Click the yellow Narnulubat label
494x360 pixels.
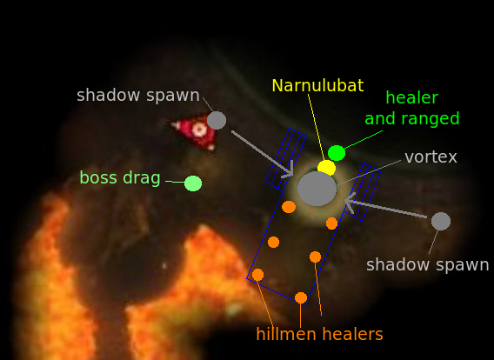pos(317,85)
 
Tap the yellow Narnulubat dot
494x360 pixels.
pos(326,168)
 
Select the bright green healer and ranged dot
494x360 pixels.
pos(337,153)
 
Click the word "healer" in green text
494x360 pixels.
pos(411,97)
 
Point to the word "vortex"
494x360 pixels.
pos(431,157)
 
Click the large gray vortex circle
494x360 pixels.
pos(317,189)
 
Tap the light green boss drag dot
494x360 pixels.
pos(193,183)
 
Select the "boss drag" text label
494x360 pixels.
pos(120,178)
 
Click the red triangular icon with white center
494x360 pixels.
pos(197,131)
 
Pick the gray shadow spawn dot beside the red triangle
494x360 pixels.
pos(217,120)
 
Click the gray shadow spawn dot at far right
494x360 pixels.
pos(441,221)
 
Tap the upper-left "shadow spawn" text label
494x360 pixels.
pos(138,96)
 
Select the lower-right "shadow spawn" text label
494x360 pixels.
pos(428,265)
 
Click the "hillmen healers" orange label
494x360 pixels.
pos(319,334)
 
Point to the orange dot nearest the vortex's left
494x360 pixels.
pos(289,207)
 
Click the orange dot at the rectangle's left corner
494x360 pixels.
pos(257,275)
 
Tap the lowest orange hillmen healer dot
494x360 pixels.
pos(301,297)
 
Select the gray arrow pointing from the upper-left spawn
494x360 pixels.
pos(263,154)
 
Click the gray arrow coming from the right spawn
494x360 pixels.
pos(385,204)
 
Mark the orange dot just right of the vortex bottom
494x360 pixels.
pos(331,223)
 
